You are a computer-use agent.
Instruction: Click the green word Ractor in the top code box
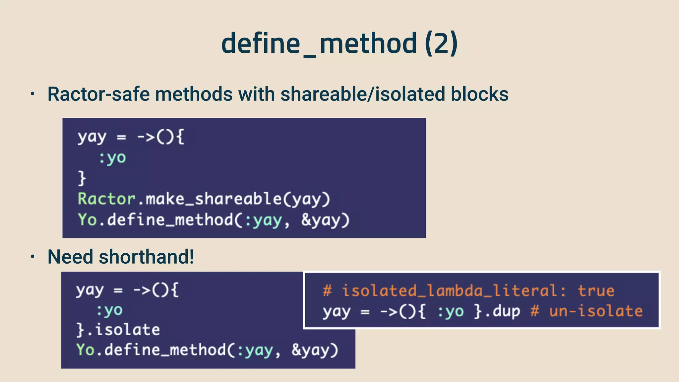[x=106, y=199]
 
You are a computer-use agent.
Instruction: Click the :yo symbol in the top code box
[x=112, y=158]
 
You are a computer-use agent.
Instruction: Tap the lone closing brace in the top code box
[x=82, y=178]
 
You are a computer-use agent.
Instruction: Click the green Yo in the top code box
[x=87, y=220]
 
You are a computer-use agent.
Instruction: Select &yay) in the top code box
[x=325, y=220]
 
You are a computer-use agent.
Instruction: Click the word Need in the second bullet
[x=70, y=257]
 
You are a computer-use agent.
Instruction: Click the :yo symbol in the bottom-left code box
[x=109, y=310]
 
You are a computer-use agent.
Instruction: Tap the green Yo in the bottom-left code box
[x=85, y=350]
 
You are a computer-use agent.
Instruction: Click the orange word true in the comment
[x=596, y=291]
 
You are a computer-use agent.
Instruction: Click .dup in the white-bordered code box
[x=503, y=311]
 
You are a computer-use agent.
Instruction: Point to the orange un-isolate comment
[x=595, y=311]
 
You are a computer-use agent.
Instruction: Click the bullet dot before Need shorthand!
[x=32, y=257]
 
